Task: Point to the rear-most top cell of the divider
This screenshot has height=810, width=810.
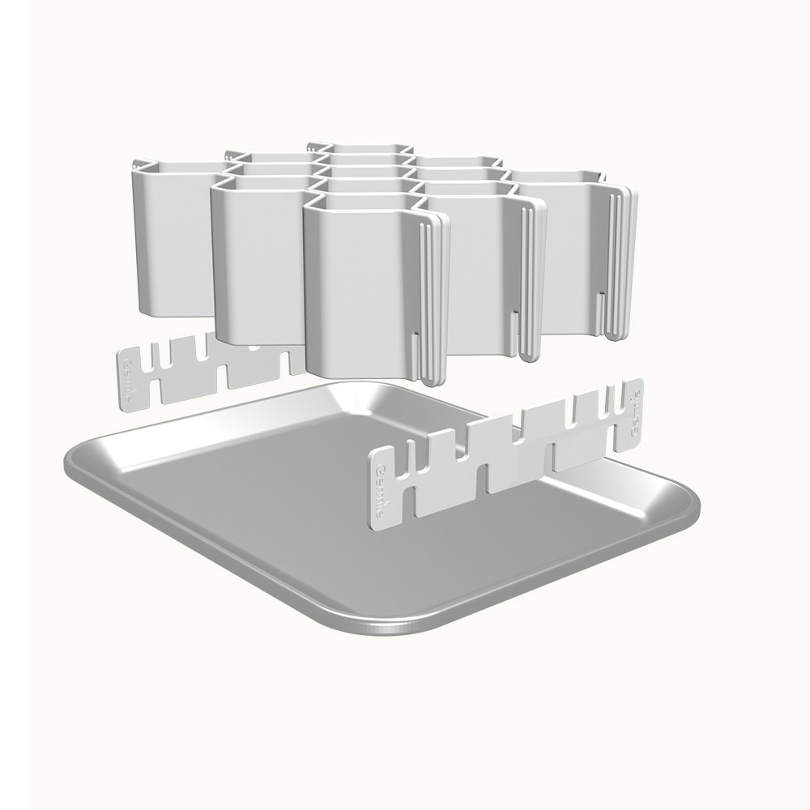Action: pyautogui.click(x=356, y=147)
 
